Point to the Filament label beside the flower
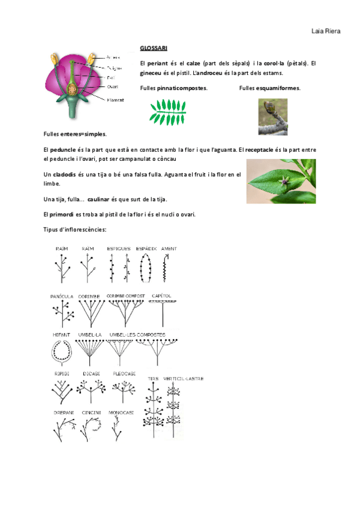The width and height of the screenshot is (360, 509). pos(115,100)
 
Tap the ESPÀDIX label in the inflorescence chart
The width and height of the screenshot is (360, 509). pos(147,248)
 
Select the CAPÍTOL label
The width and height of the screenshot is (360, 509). pos(161,296)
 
